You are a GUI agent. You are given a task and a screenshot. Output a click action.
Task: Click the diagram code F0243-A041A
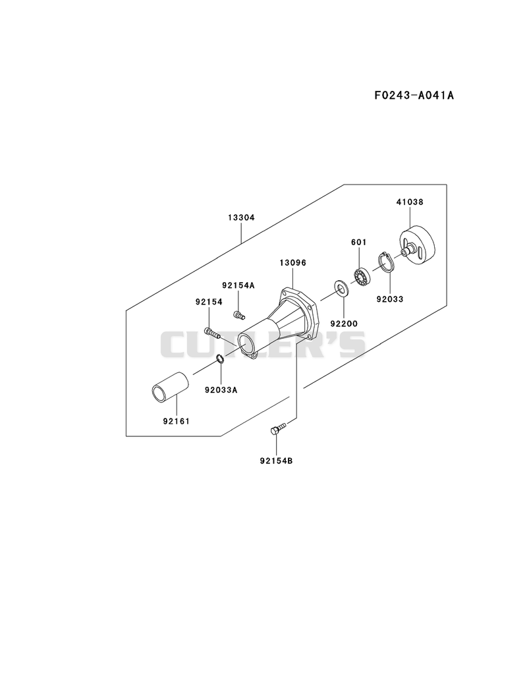coord(414,95)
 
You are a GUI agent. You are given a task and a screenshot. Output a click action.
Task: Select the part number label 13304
coord(242,217)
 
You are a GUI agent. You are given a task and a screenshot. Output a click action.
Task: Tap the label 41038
coord(410,202)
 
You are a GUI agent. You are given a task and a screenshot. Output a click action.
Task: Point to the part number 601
coord(358,242)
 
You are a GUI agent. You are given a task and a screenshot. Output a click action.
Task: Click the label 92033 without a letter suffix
coord(390,299)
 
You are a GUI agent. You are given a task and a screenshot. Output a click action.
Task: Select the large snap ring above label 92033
coord(386,262)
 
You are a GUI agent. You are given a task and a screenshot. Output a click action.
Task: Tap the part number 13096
coord(292,263)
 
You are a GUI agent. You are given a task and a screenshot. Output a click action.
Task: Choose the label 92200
coord(344,324)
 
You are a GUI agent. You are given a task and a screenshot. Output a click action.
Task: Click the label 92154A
coord(238,285)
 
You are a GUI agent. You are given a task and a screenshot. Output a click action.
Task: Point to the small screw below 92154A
coord(238,315)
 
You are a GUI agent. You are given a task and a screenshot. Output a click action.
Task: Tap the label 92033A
coord(221,389)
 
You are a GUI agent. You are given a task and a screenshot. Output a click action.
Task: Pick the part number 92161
coord(177,421)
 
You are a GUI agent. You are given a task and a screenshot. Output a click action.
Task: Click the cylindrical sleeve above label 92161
coord(170,387)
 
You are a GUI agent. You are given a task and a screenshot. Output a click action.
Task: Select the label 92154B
coord(276,461)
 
